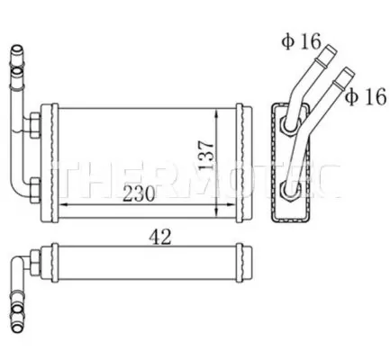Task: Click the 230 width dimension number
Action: [x=139, y=193]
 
